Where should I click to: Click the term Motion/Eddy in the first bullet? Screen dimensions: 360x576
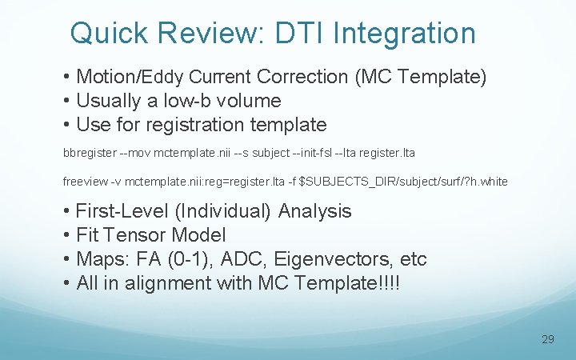coord(130,78)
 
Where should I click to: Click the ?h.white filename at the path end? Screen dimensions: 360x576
coord(484,182)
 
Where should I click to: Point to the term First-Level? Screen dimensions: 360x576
coord(120,211)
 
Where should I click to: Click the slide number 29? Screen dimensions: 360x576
coord(547,339)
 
